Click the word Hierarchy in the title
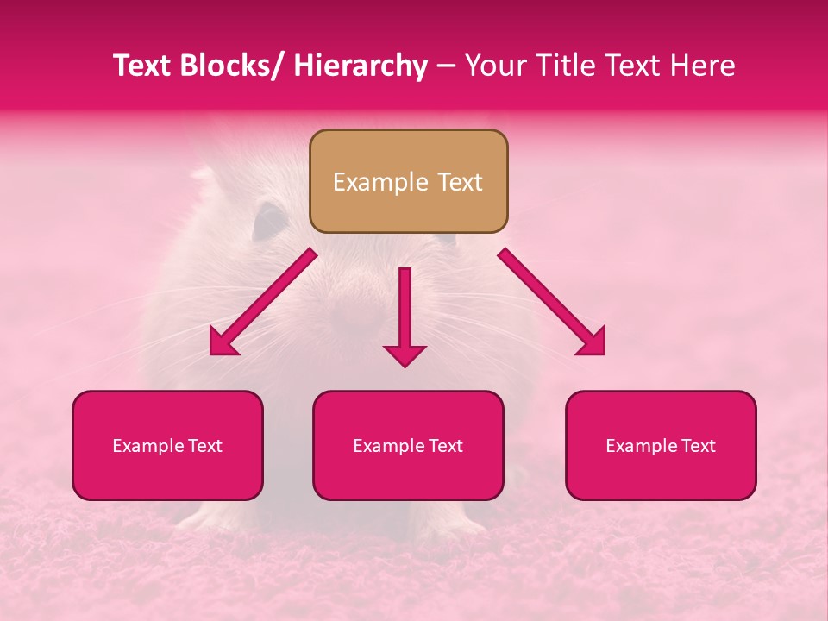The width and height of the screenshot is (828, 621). (x=361, y=66)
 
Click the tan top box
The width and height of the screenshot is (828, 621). (x=408, y=181)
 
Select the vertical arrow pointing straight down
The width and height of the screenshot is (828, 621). (x=405, y=317)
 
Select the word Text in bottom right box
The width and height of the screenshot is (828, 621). (x=699, y=446)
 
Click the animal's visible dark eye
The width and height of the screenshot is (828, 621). (x=270, y=221)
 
